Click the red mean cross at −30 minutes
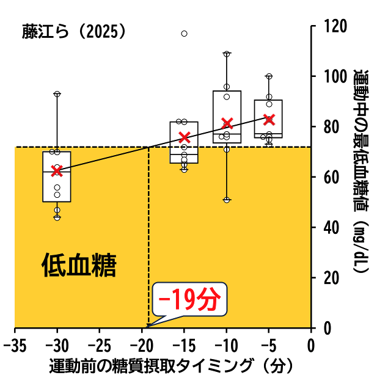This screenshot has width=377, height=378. click(57, 170)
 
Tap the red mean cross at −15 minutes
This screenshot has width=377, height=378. click(185, 137)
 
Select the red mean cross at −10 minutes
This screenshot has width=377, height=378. click(227, 123)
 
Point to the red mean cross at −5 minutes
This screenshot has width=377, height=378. click(269, 119)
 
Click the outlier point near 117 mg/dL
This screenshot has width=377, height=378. click(184, 34)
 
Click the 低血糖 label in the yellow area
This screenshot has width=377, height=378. click(79, 266)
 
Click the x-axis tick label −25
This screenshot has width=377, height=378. click(100, 346)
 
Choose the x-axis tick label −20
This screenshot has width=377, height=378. click(142, 346)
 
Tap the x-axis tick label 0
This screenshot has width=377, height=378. click(311, 346)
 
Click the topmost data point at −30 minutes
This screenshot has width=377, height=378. click(57, 94)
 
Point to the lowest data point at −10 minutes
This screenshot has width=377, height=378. click(227, 200)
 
